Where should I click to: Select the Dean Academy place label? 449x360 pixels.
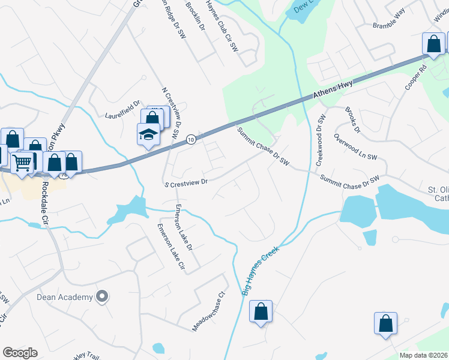click(65, 296)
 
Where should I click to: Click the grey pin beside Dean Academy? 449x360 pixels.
click(102, 296)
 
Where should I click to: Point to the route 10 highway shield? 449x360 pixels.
click(190, 139)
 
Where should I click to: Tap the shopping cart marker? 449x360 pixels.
click(23, 161)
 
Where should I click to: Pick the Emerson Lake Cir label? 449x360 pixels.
click(170, 247)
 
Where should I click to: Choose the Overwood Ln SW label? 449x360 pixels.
click(355, 147)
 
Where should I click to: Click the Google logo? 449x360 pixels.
click(20, 353)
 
